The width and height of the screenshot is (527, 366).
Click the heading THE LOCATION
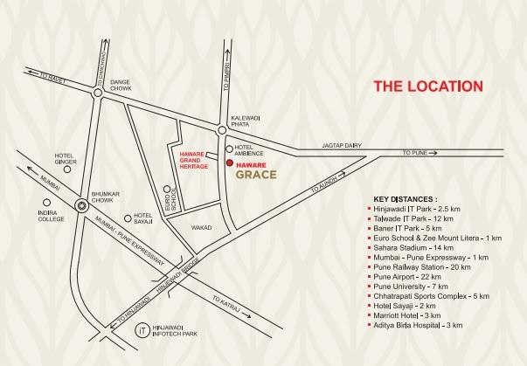tap(427, 86)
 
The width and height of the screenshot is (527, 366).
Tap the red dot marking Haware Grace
tap(229, 163)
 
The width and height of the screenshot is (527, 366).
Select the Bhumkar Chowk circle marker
tap(81, 206)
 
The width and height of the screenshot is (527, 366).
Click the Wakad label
tap(202, 226)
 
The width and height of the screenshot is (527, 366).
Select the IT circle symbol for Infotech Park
tap(142, 330)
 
